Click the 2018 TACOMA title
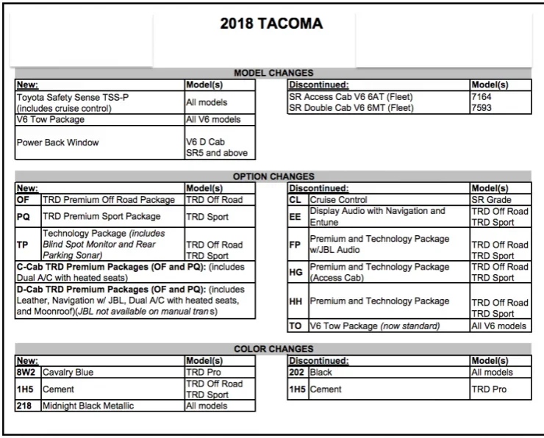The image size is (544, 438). (x=271, y=24)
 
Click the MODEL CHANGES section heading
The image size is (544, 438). (x=273, y=73)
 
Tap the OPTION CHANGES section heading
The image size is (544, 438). (x=273, y=176)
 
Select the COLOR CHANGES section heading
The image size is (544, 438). (x=273, y=349)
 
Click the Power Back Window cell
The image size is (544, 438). (x=57, y=143)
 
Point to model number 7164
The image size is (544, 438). (x=482, y=96)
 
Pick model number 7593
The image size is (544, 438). (x=482, y=108)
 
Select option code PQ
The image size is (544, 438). (x=24, y=217)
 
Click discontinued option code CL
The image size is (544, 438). (x=296, y=200)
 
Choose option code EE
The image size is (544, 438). (x=296, y=217)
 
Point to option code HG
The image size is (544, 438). (x=296, y=272)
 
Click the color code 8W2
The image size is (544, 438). (x=26, y=373)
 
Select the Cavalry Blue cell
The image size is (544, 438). (x=68, y=373)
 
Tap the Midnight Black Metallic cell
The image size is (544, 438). (x=88, y=406)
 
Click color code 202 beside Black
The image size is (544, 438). (x=298, y=373)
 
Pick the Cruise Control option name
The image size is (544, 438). (x=338, y=200)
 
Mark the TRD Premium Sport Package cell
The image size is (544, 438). (x=101, y=217)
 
